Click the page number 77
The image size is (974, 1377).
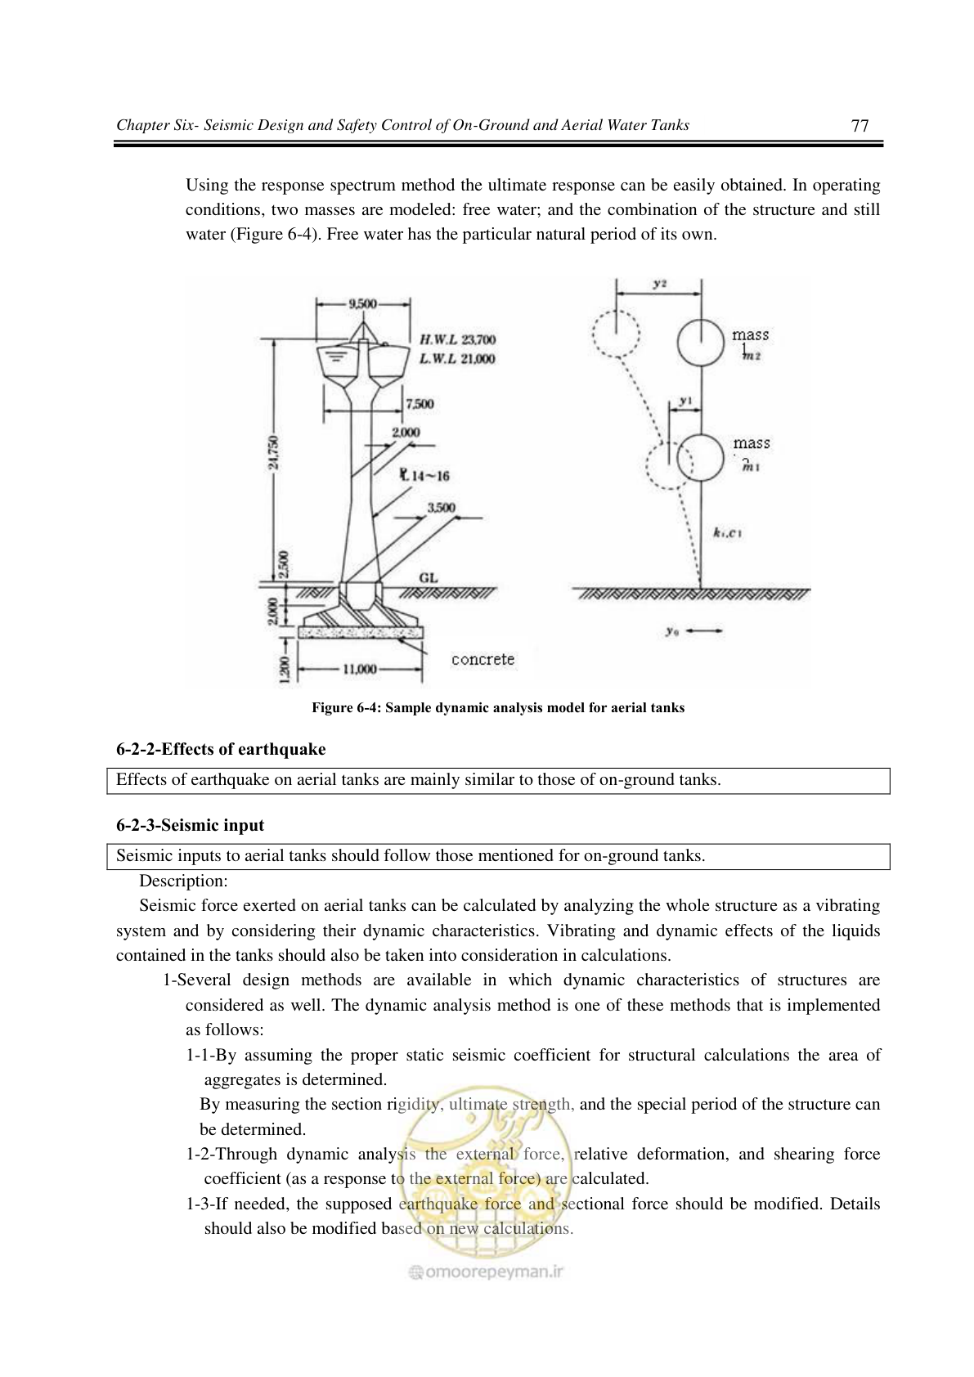[x=860, y=125]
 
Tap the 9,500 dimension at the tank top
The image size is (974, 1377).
[x=363, y=303]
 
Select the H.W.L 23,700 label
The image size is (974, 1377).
[x=457, y=339]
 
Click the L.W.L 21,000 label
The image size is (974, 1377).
[x=457, y=358]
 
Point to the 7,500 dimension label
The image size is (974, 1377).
[x=420, y=404]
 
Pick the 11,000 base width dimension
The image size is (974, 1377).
[x=360, y=669]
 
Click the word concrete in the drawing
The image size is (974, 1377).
[x=483, y=659]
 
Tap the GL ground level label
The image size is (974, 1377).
[x=429, y=578]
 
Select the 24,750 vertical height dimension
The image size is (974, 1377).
[x=273, y=452]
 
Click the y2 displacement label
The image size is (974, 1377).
[x=660, y=284]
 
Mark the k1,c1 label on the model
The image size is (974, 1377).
[x=727, y=533]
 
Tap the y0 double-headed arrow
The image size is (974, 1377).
[x=703, y=630]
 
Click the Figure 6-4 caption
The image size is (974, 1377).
[x=498, y=707]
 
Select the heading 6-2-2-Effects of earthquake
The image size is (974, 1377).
[x=221, y=749]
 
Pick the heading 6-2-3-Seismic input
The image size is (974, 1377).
[x=190, y=825]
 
